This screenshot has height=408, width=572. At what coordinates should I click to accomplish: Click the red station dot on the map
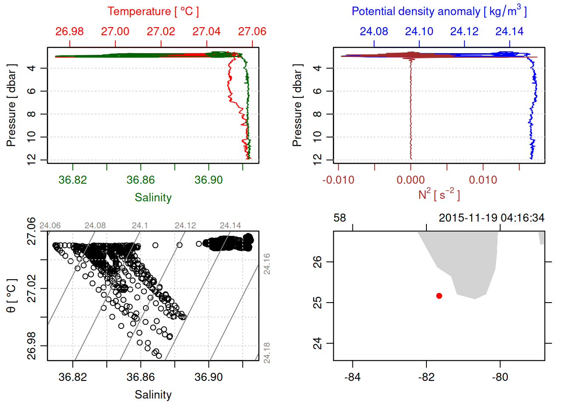pos(439,296)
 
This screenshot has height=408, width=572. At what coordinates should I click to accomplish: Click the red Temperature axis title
pos(153,11)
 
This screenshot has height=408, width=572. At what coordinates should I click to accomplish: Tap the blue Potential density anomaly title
pos(439,11)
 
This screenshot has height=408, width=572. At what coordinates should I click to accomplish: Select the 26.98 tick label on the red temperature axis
pos(69,31)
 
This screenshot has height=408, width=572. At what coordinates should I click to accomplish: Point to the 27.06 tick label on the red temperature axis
pos(252,31)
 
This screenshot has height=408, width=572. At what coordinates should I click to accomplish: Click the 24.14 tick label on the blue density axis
pos(509,31)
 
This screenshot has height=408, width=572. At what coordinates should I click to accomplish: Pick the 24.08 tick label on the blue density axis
pos(374,31)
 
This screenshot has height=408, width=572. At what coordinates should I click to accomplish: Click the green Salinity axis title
pos(153,198)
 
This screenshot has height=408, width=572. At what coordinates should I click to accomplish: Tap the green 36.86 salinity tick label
pos(140,180)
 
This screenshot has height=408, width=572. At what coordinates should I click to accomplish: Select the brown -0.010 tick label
pos(338,180)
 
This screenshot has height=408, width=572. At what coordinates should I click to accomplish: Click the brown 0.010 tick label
pos(483,180)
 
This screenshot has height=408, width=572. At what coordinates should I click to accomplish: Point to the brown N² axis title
pos(439,194)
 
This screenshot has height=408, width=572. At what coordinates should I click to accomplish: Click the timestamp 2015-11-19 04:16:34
pos(492,218)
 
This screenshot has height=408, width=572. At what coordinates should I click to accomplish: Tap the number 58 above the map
pos(340,218)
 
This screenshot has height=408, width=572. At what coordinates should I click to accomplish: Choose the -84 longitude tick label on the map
pos(352,377)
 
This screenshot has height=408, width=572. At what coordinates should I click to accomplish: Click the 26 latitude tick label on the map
pos(317,262)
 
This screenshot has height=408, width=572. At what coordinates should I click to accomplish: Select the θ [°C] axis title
pos(11,296)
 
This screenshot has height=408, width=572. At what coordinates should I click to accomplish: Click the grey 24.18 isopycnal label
pos(267,353)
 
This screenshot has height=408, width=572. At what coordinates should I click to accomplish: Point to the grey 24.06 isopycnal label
pos(50,226)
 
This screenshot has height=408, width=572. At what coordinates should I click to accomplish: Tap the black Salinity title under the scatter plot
pos(153,395)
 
